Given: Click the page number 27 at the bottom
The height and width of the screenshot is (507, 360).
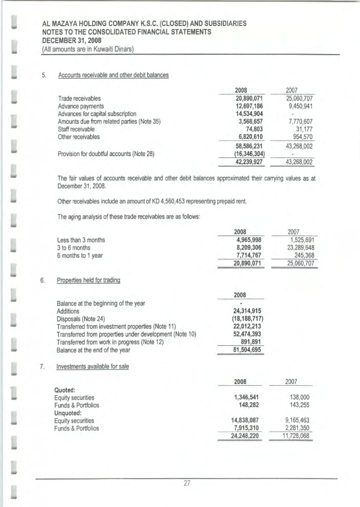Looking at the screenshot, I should pyautogui.click(x=187, y=483).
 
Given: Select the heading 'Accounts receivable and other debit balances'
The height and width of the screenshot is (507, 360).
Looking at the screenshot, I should pyautogui.click(x=113, y=75).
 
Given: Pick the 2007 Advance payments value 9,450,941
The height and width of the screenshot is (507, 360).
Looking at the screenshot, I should pyautogui.click(x=298, y=106).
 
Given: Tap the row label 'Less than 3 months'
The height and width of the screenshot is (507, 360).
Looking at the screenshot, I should pyautogui.click(x=81, y=240).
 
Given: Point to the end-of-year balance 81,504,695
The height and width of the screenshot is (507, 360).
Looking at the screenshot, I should pyautogui.click(x=247, y=350).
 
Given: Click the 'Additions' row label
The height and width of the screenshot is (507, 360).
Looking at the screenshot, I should pyautogui.click(x=68, y=311).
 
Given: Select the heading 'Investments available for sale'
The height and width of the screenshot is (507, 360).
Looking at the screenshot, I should pyautogui.click(x=92, y=366).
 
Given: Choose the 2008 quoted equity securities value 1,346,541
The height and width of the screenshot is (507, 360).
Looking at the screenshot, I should pyautogui.click(x=246, y=397).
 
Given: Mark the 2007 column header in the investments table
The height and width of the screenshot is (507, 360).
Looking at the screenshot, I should pyautogui.click(x=291, y=382).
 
